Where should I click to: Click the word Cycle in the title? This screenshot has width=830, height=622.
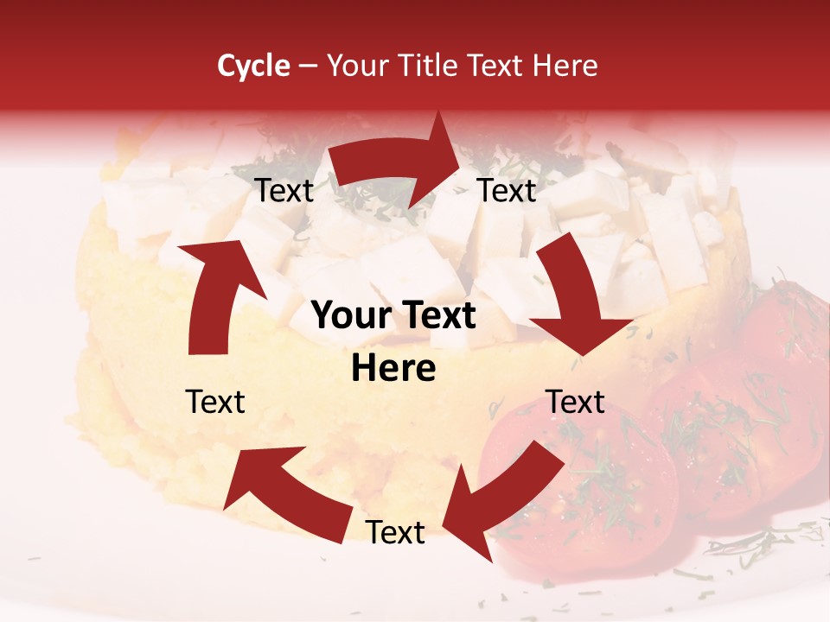coord(253,66)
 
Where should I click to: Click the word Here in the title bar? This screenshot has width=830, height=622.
coord(564,66)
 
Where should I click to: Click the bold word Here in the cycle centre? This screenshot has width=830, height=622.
coord(393,369)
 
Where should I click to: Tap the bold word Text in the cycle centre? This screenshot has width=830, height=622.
coord(437,316)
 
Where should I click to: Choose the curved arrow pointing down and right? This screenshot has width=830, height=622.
coord(579,294)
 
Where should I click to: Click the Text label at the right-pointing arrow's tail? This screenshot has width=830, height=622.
coord(284,191)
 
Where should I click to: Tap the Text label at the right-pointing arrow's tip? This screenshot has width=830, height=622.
coord(508,191)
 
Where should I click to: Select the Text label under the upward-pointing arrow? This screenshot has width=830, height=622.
coord(215,402)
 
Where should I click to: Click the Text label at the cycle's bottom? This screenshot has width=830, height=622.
coord(395,533)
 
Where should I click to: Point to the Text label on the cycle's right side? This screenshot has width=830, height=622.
coord(576,402)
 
